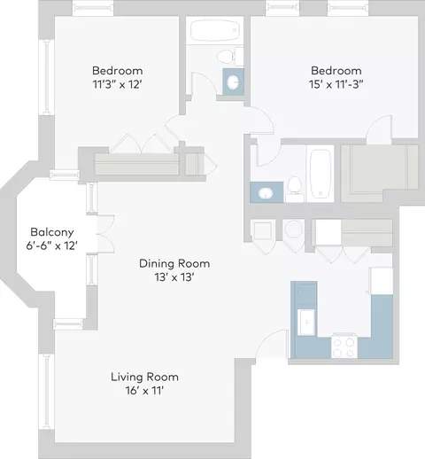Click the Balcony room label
click(52, 232)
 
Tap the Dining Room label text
click(174, 263)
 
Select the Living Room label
click(144, 377)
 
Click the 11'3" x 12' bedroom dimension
click(118, 85)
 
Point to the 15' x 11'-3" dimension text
click(336, 85)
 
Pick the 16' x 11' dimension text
click(144, 391)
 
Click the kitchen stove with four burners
click(344, 346)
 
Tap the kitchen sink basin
click(306, 323)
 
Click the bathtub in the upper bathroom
click(215, 30)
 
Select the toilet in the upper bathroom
click(230, 56)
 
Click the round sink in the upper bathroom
click(233, 82)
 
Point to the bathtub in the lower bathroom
click(321, 175)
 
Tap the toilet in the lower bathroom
click(295, 189)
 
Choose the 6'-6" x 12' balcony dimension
click(52, 245)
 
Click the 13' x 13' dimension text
click(174, 277)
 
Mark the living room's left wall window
click(46, 392)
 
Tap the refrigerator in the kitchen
click(382, 281)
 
